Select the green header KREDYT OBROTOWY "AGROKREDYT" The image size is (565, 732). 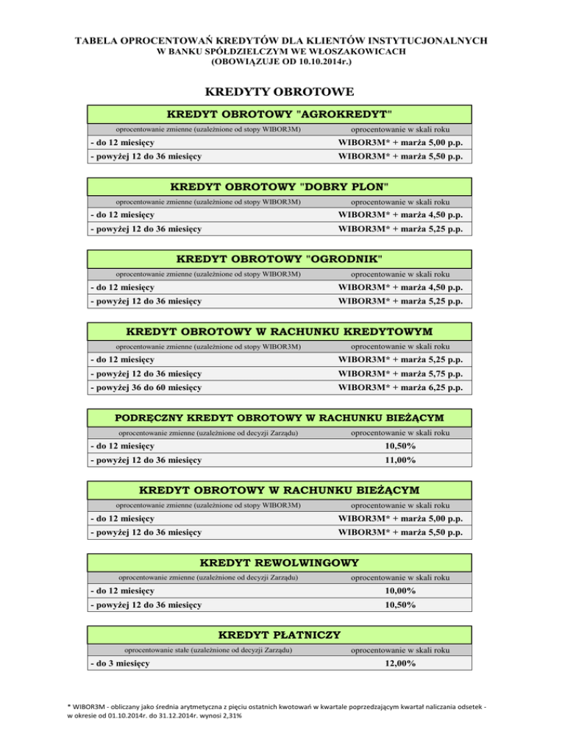[x=279, y=115]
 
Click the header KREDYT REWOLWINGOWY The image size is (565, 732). [x=279, y=563]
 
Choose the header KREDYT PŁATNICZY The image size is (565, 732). [x=279, y=635]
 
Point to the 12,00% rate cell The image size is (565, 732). [x=400, y=664]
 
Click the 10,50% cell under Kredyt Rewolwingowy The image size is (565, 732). [x=400, y=605]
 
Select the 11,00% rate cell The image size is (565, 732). [x=400, y=460]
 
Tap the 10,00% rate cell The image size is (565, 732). [x=400, y=591]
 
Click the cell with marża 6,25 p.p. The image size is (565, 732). [x=400, y=387]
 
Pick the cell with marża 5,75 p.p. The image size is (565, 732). [x=400, y=373]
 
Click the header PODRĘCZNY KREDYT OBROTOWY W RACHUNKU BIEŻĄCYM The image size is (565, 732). [x=279, y=418]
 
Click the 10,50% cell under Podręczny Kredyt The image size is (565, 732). [x=400, y=446]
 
